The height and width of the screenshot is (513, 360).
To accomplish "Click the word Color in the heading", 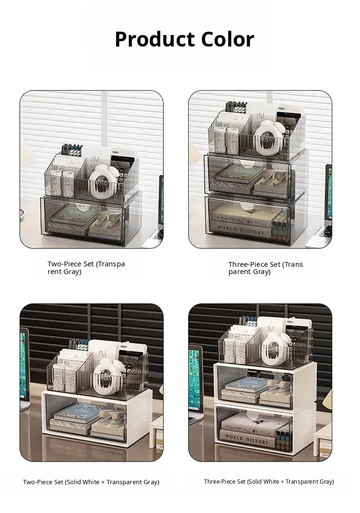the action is (x=228, y=39).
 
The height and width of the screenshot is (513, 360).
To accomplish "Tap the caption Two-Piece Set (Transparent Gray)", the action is (x=86, y=268).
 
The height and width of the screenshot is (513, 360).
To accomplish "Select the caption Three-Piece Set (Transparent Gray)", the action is (x=265, y=268).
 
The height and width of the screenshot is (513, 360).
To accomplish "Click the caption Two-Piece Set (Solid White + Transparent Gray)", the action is (x=91, y=482).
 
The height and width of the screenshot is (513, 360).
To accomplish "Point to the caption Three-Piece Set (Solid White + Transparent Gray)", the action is (x=269, y=481).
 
